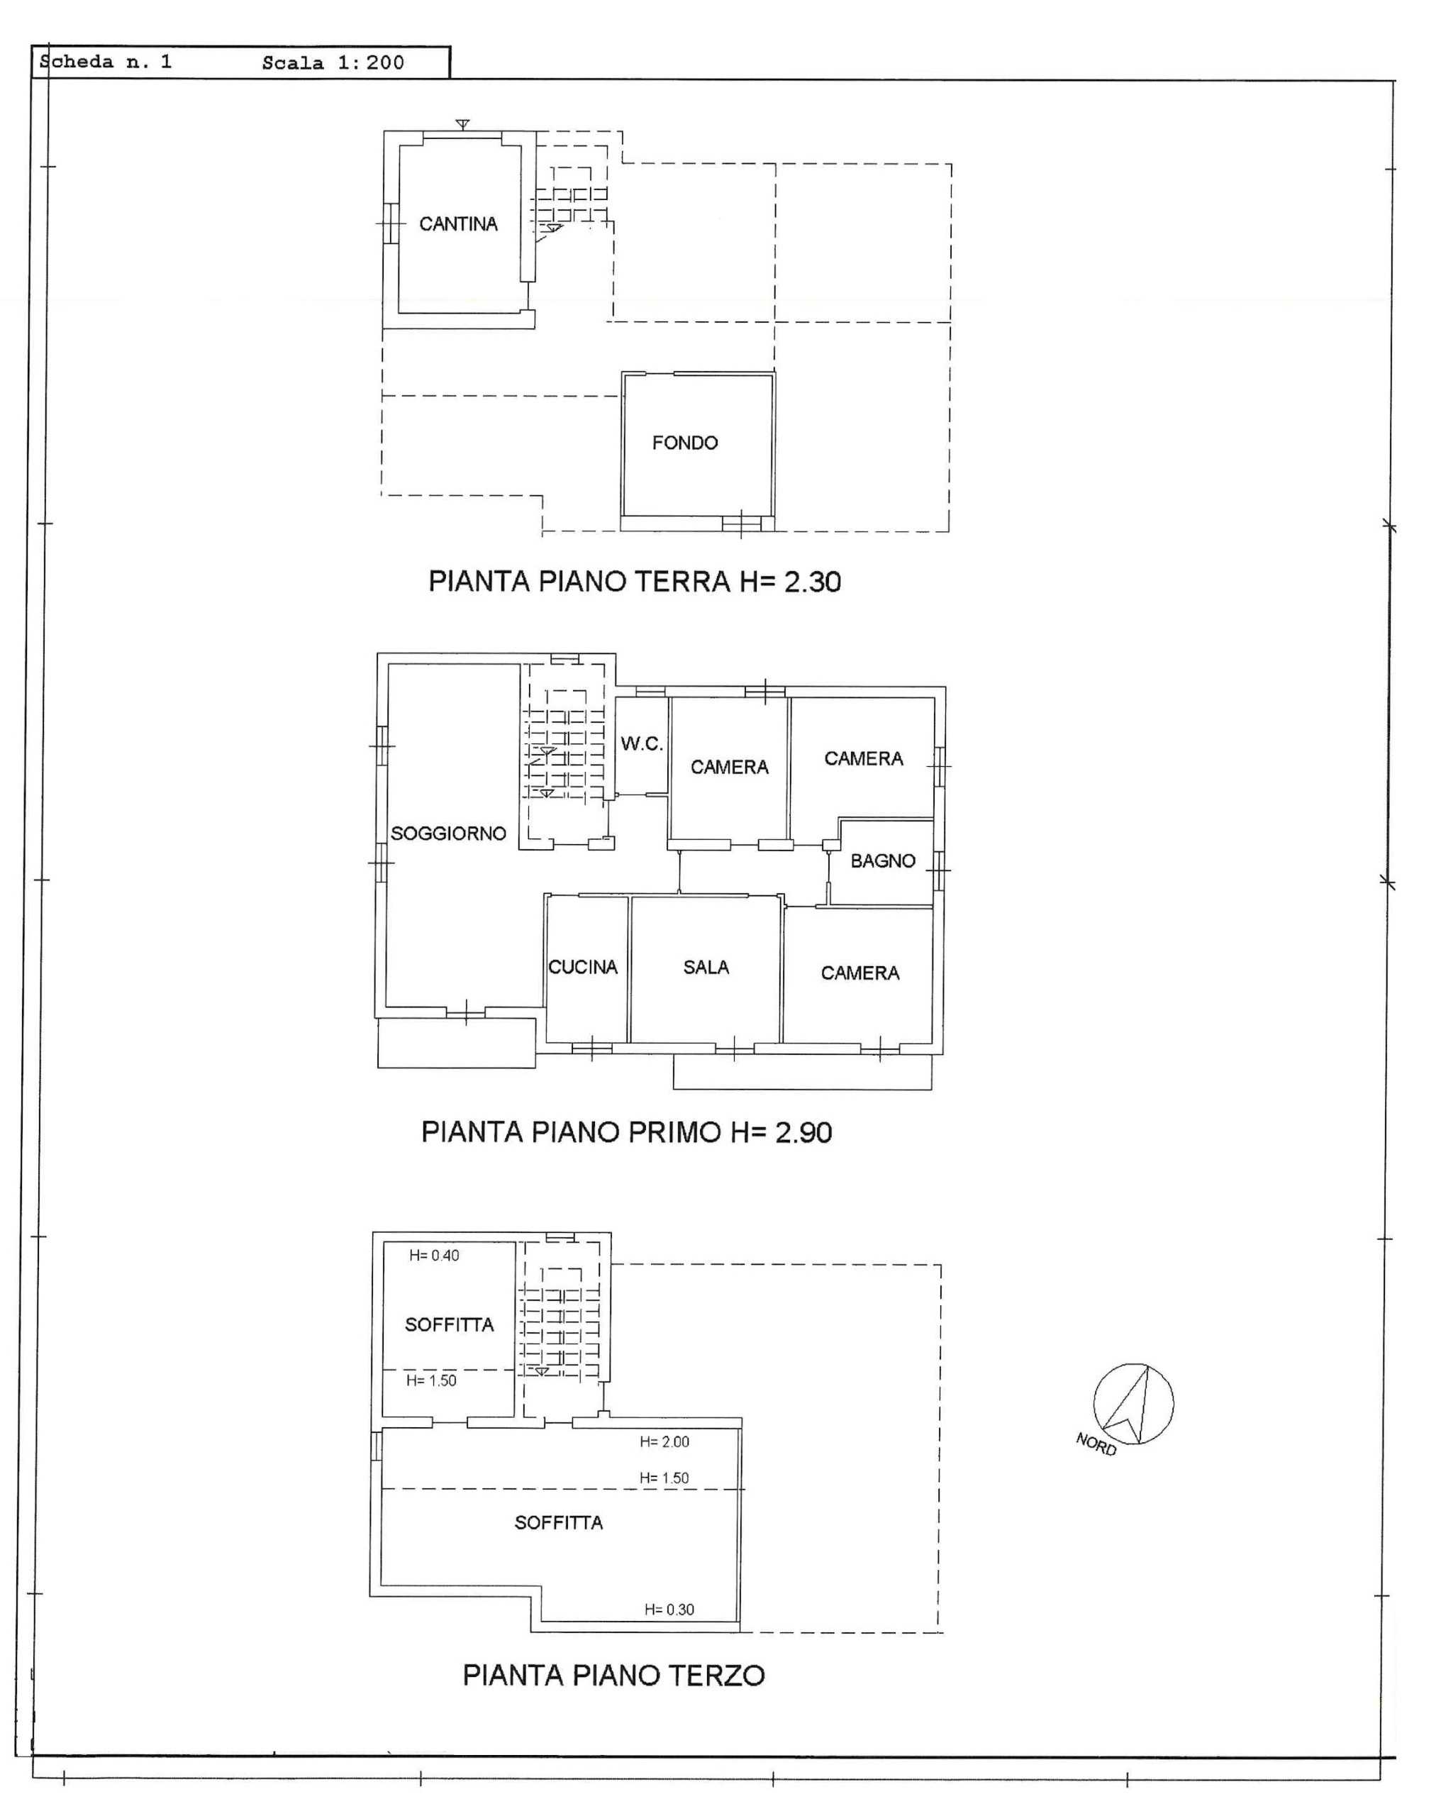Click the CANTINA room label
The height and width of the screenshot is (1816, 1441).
point(458,224)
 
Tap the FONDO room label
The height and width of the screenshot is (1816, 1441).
point(685,443)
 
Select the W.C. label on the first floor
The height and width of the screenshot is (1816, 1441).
point(642,743)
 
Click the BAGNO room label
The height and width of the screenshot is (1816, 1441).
point(883,861)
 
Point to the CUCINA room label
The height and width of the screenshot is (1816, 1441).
point(583,967)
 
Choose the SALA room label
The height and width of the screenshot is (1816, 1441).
point(706,967)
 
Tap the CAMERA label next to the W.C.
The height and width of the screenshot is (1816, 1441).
point(729,768)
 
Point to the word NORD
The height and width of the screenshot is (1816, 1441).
point(1096,1444)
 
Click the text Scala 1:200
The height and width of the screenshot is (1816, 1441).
point(333,63)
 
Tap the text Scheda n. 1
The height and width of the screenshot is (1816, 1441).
point(106,62)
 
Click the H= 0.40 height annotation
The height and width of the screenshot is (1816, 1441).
point(434,1256)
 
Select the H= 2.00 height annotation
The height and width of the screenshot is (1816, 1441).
point(664,1442)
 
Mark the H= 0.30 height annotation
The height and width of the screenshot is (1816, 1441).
point(669,1610)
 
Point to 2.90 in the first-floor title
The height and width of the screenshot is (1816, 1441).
point(803,1132)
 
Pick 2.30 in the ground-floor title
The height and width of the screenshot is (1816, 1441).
point(813,582)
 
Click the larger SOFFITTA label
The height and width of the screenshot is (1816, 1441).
point(558,1523)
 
